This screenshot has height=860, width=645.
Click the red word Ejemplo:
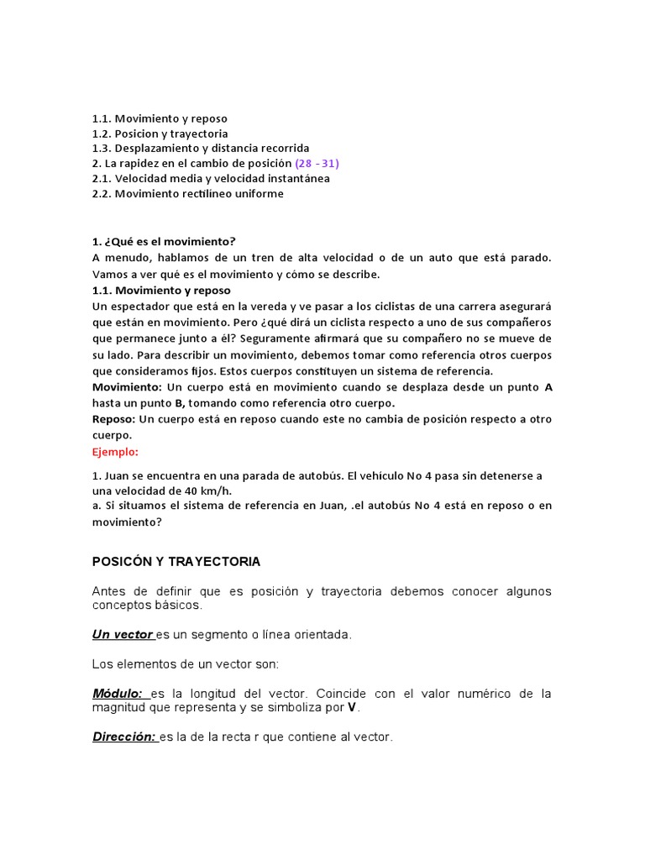(117, 451)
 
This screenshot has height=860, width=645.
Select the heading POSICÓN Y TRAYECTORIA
(176, 561)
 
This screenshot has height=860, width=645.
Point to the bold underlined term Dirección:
(124, 737)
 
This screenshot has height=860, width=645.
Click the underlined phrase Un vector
(123, 635)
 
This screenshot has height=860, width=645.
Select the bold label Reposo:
(113, 419)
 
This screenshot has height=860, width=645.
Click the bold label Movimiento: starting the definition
(127, 387)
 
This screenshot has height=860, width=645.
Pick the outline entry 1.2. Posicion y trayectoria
(160, 134)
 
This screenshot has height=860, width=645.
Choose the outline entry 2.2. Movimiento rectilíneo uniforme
(187, 194)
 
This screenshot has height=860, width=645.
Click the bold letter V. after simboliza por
(353, 708)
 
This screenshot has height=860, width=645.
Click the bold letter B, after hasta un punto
(180, 403)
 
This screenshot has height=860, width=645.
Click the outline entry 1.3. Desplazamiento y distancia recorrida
(200, 149)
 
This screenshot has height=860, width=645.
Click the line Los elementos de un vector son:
(185, 664)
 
